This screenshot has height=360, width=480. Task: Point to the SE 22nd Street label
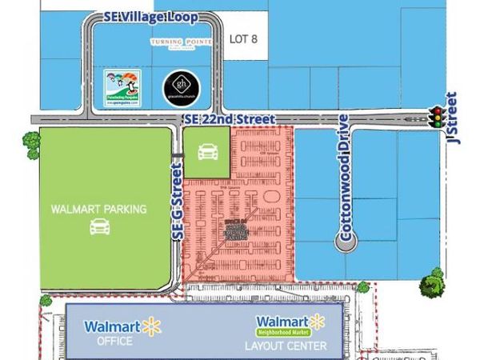224,120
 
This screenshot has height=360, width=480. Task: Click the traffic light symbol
437,119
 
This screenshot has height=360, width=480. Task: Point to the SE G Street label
178,212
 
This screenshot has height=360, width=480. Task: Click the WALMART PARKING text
98,210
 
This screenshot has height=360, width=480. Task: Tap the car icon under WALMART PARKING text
99,228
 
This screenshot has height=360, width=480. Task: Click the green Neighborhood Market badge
282,330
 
